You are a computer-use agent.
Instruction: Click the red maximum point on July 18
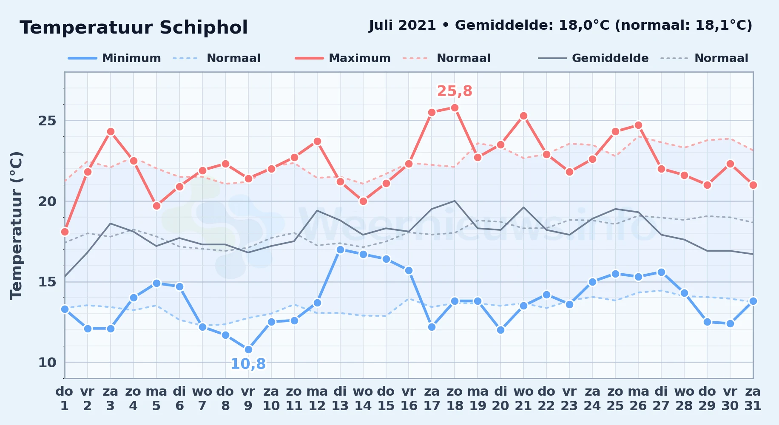click(455, 108)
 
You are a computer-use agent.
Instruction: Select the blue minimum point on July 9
click(248, 349)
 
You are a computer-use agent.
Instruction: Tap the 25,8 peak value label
click(455, 91)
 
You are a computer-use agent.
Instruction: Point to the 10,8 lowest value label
click(248, 364)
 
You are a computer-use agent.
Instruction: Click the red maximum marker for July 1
click(65, 232)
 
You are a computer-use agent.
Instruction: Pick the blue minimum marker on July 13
click(340, 249)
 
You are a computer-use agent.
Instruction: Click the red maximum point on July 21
click(523, 116)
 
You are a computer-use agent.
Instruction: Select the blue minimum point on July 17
click(432, 327)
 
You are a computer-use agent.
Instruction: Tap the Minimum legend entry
click(114, 58)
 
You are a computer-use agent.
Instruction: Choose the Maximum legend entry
click(343, 58)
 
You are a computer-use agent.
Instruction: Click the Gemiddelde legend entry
click(593, 58)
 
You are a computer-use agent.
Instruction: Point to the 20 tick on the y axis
click(47, 201)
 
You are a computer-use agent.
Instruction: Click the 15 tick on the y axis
click(47, 282)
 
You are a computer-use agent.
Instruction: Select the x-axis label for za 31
click(753, 398)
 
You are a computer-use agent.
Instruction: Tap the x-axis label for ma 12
click(317, 398)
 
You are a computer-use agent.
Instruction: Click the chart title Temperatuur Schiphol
click(134, 28)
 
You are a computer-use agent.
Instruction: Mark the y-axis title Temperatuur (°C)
click(16, 225)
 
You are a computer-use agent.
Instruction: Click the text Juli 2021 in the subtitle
click(402, 25)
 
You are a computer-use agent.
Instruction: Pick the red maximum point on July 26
click(638, 125)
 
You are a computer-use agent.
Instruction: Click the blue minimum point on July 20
click(500, 330)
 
